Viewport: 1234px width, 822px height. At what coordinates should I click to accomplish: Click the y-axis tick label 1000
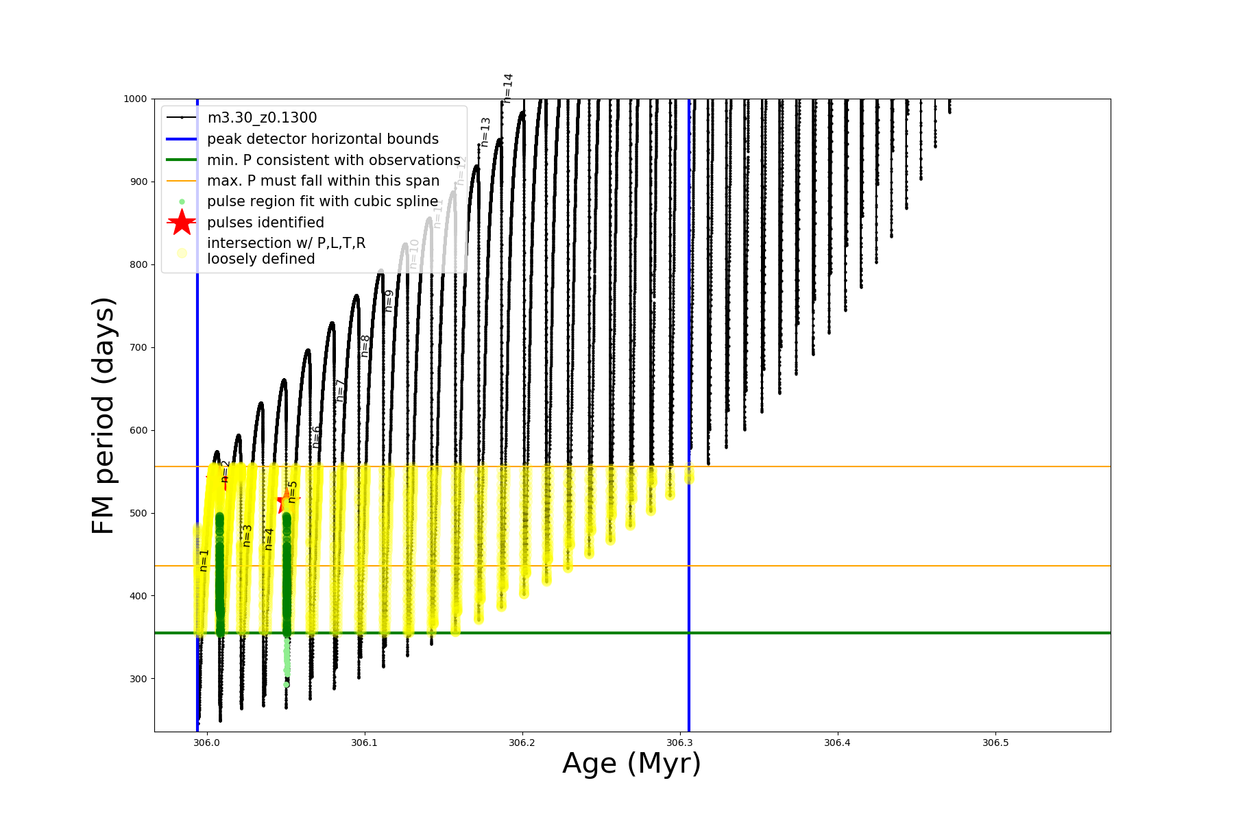point(135,99)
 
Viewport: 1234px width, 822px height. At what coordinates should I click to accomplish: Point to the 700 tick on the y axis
point(138,348)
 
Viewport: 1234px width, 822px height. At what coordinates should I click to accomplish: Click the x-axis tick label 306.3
point(679,743)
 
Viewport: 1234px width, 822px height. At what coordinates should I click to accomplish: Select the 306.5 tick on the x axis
point(995,743)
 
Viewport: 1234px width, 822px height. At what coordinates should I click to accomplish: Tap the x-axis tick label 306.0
point(206,743)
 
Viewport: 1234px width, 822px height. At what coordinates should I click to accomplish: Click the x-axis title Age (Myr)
point(631,764)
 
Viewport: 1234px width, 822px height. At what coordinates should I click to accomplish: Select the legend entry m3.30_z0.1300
point(262,118)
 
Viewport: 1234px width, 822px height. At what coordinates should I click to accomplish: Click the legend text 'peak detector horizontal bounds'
point(322,139)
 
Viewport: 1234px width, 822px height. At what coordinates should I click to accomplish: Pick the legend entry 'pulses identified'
point(265,223)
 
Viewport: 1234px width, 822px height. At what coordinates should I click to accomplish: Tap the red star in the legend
point(182,223)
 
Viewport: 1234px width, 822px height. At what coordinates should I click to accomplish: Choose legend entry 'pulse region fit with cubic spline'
point(322,201)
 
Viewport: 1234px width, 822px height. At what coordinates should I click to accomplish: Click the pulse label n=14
point(508,88)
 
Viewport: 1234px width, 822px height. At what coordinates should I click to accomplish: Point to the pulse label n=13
point(485,132)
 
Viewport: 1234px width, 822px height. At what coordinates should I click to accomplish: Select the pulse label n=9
point(389,301)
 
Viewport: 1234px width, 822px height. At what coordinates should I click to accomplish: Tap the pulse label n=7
point(340,390)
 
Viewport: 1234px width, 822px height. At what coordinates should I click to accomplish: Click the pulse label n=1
point(204,560)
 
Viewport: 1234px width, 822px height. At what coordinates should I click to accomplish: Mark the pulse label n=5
point(293,492)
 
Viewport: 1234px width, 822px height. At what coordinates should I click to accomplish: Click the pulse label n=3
point(247,536)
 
